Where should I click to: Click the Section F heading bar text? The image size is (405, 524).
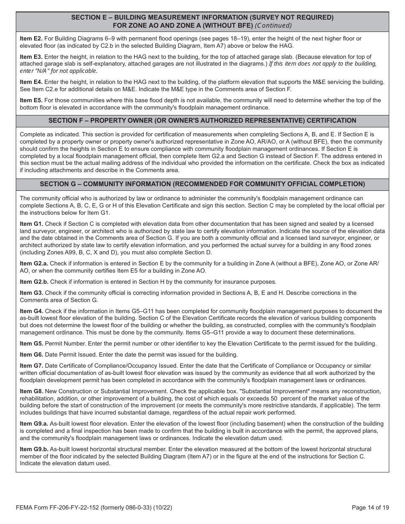(202, 121)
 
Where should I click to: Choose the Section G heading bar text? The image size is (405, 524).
(202, 184)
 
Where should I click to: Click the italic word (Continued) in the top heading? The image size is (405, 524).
(273, 25)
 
